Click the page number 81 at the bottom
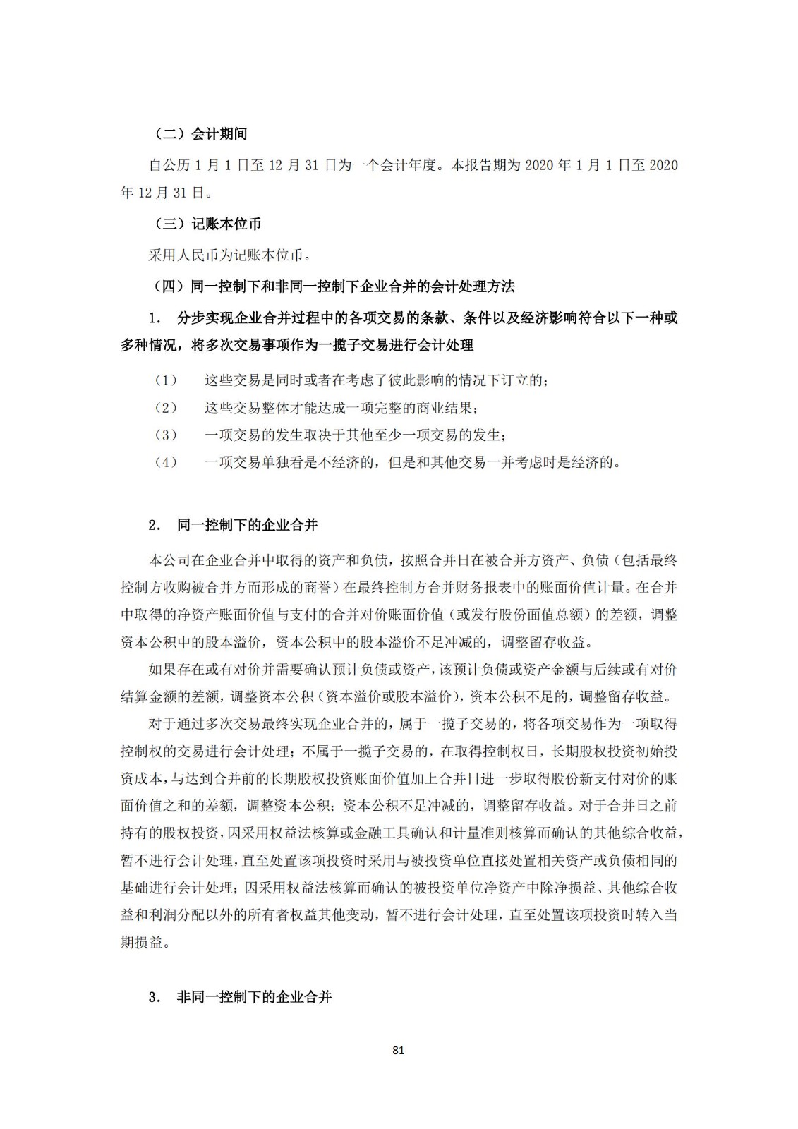[x=398, y=1051]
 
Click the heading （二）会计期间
[x=200, y=134]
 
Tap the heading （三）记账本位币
[x=207, y=224]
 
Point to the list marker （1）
[x=166, y=381]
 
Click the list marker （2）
[x=166, y=408]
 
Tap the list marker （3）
[x=166, y=435]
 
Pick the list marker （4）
[x=166, y=463]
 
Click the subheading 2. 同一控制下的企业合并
[x=233, y=525]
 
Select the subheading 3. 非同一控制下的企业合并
[x=240, y=997]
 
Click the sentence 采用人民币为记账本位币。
[x=230, y=255]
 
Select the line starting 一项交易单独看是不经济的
[x=413, y=463]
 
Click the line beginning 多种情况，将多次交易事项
[x=297, y=345]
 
